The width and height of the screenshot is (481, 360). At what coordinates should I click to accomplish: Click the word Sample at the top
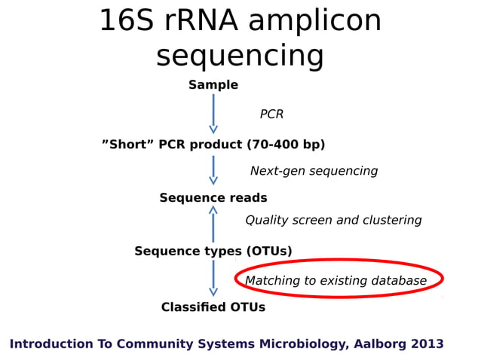pyautogui.click(x=213, y=85)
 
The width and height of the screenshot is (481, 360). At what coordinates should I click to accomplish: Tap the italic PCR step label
pyautogui.click(x=271, y=114)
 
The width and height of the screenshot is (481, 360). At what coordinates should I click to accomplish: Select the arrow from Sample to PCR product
pyautogui.click(x=213, y=114)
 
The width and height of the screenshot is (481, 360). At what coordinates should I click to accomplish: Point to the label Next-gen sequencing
pyautogui.click(x=314, y=171)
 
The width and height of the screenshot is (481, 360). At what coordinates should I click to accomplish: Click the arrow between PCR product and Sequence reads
pyautogui.click(x=213, y=170)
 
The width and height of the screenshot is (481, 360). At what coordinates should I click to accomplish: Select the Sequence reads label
pyautogui.click(x=213, y=198)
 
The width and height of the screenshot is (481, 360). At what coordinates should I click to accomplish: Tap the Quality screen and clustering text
pyautogui.click(x=333, y=221)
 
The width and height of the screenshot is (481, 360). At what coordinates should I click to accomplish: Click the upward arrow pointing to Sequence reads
pyautogui.click(x=213, y=224)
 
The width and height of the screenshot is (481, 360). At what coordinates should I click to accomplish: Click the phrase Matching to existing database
pyautogui.click(x=335, y=281)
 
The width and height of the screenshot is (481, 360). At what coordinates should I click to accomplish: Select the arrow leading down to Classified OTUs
pyautogui.click(x=213, y=279)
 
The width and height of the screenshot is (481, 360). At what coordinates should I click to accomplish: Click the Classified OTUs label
pyautogui.click(x=213, y=307)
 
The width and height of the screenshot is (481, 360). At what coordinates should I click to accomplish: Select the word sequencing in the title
pyautogui.click(x=240, y=56)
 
